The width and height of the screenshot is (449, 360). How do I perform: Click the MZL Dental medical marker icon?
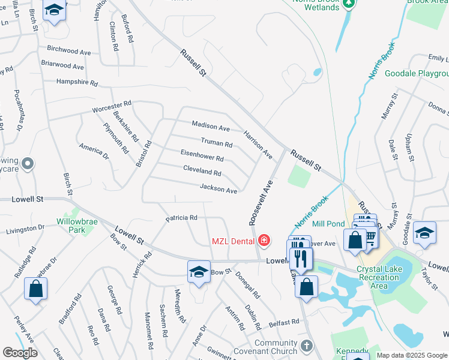pos(264,241)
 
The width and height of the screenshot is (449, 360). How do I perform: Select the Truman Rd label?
pos(216,143)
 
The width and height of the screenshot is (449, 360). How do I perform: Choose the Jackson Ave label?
pos(218,189)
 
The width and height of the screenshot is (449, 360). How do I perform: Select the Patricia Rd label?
pos(181,218)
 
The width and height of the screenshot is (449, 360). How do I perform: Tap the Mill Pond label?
pos(328,224)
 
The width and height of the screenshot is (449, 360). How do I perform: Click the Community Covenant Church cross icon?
pos(307,346)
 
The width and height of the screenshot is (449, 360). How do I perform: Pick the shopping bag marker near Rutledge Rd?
pos(36,288)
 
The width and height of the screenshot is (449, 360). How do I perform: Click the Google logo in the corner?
pos(20,352)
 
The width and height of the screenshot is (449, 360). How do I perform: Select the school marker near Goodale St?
pos(425,232)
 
